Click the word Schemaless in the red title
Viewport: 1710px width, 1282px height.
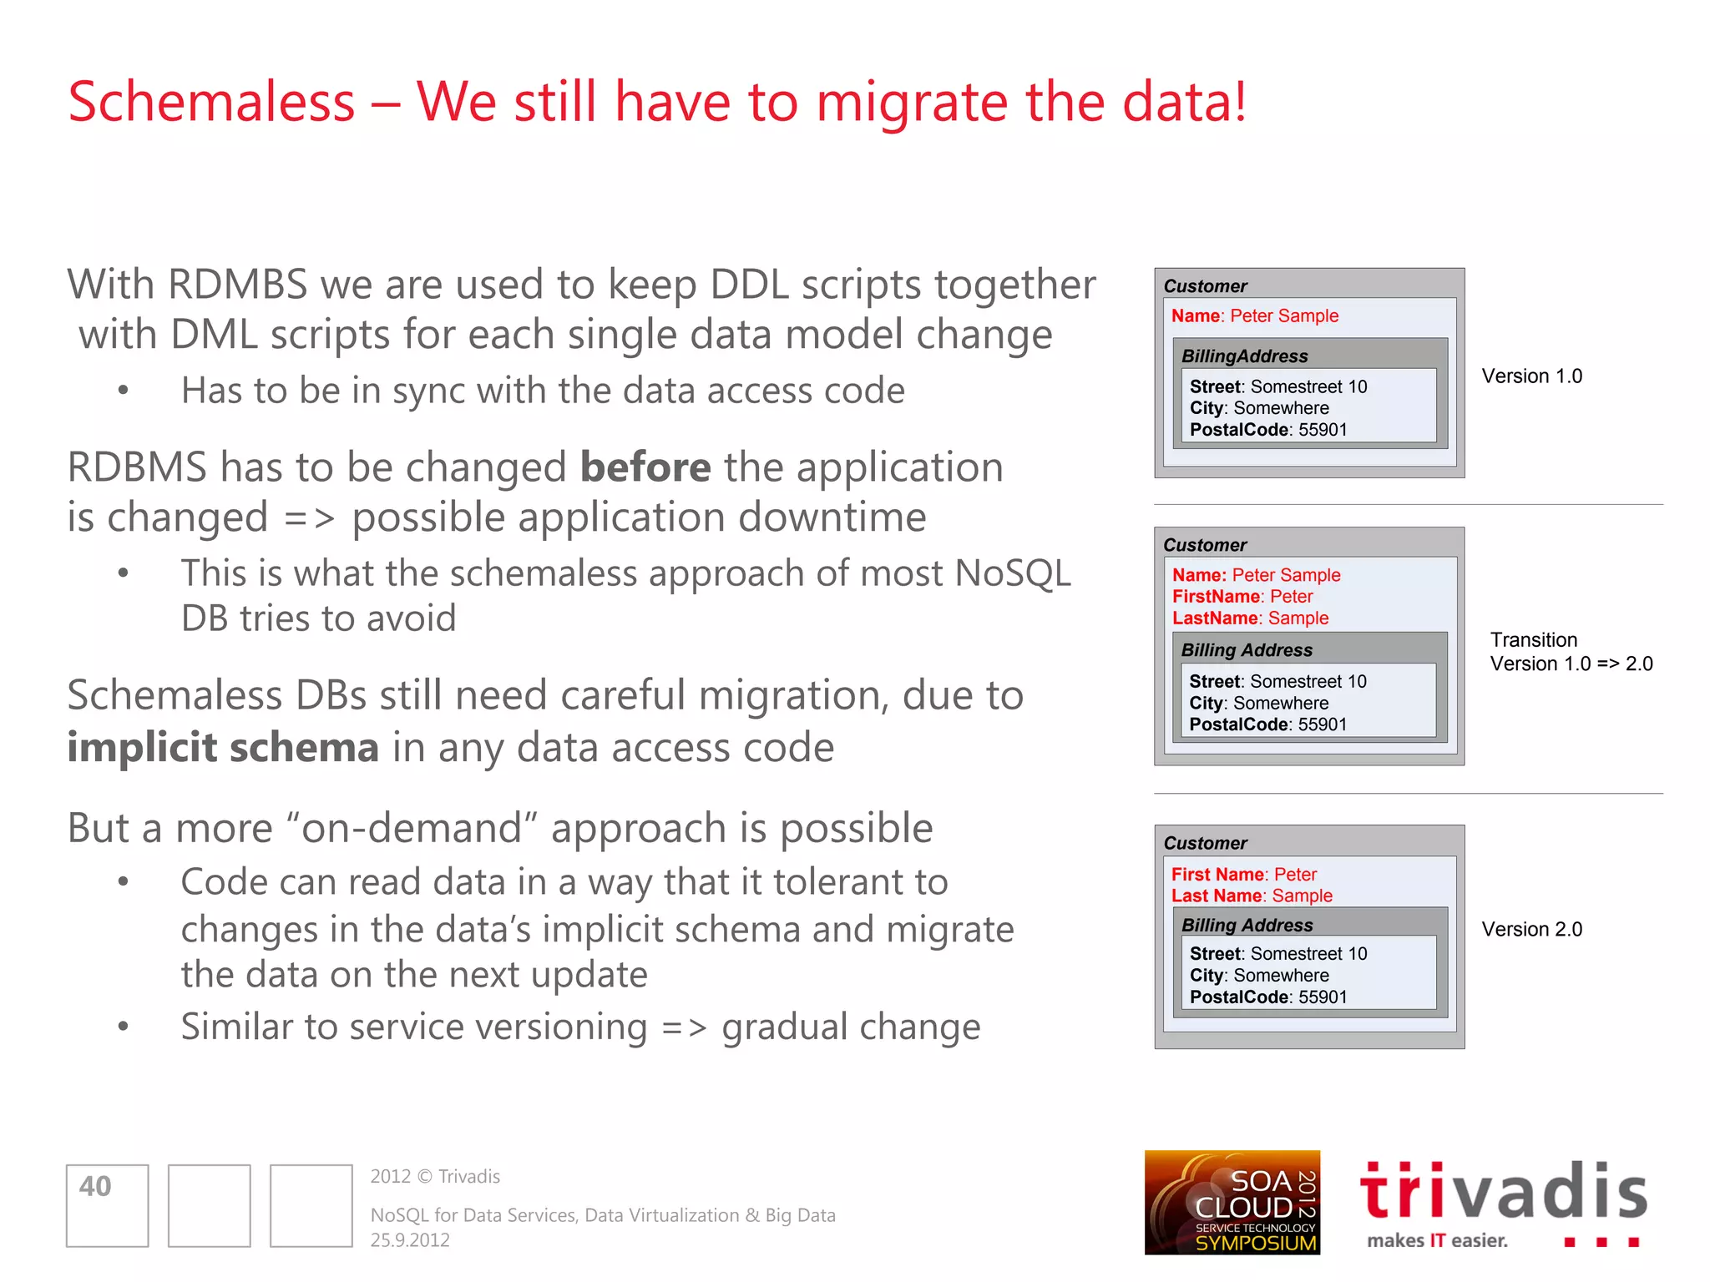pyautogui.click(x=211, y=103)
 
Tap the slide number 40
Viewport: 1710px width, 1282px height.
pyautogui.click(x=95, y=1186)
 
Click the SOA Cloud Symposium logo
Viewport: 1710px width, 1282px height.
pyautogui.click(x=1232, y=1202)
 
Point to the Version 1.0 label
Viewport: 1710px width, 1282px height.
pyautogui.click(x=1531, y=376)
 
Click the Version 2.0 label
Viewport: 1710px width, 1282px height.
pyautogui.click(x=1531, y=929)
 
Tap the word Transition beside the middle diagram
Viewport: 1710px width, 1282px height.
pyautogui.click(x=1534, y=640)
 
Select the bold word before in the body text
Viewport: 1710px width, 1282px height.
pyautogui.click(x=645, y=467)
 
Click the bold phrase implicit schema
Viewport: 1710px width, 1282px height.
pyautogui.click(x=223, y=747)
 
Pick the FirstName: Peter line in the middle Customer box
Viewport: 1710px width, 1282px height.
pyautogui.click(x=1242, y=597)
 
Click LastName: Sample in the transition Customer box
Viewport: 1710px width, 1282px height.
pyautogui.click(x=1250, y=618)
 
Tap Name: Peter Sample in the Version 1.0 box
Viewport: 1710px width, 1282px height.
pyautogui.click(x=1254, y=316)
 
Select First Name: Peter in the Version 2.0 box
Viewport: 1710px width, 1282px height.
pyautogui.click(x=1243, y=874)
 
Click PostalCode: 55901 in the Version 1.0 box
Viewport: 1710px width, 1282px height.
pyautogui.click(x=1267, y=430)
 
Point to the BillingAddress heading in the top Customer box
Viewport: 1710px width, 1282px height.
pyautogui.click(x=1244, y=356)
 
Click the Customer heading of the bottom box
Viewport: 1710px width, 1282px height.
pyautogui.click(x=1205, y=843)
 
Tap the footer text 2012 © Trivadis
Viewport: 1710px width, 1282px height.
pyautogui.click(x=435, y=1177)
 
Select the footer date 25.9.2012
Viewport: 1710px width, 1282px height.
pyautogui.click(x=410, y=1240)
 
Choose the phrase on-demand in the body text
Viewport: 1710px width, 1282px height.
pyautogui.click(x=411, y=829)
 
